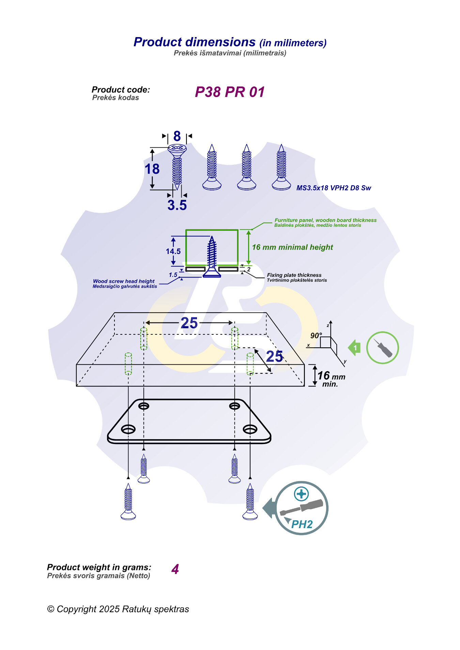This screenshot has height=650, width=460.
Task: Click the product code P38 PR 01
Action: (230, 92)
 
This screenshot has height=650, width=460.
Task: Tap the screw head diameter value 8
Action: (177, 136)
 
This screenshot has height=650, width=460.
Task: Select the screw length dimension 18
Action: (152, 169)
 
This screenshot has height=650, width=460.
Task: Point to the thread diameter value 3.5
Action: (177, 205)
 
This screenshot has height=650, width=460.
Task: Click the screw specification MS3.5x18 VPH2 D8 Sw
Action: (333, 188)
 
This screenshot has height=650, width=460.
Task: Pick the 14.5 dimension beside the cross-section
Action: (173, 251)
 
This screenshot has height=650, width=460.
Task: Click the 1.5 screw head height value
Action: (173, 275)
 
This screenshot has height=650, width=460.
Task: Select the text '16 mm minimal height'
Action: (292, 247)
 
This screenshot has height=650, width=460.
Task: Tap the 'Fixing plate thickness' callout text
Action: (294, 275)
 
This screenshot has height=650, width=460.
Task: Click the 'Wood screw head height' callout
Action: (124, 281)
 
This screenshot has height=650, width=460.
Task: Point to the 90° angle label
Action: (316, 336)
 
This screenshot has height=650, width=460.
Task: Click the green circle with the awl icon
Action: (382, 348)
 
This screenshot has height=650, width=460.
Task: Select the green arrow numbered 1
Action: (354, 348)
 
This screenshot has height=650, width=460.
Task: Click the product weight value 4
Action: (175, 569)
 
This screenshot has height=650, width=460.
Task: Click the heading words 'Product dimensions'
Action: (195, 42)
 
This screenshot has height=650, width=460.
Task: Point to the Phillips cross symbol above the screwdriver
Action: (301, 494)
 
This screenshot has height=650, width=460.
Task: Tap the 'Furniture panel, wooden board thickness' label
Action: (325, 220)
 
